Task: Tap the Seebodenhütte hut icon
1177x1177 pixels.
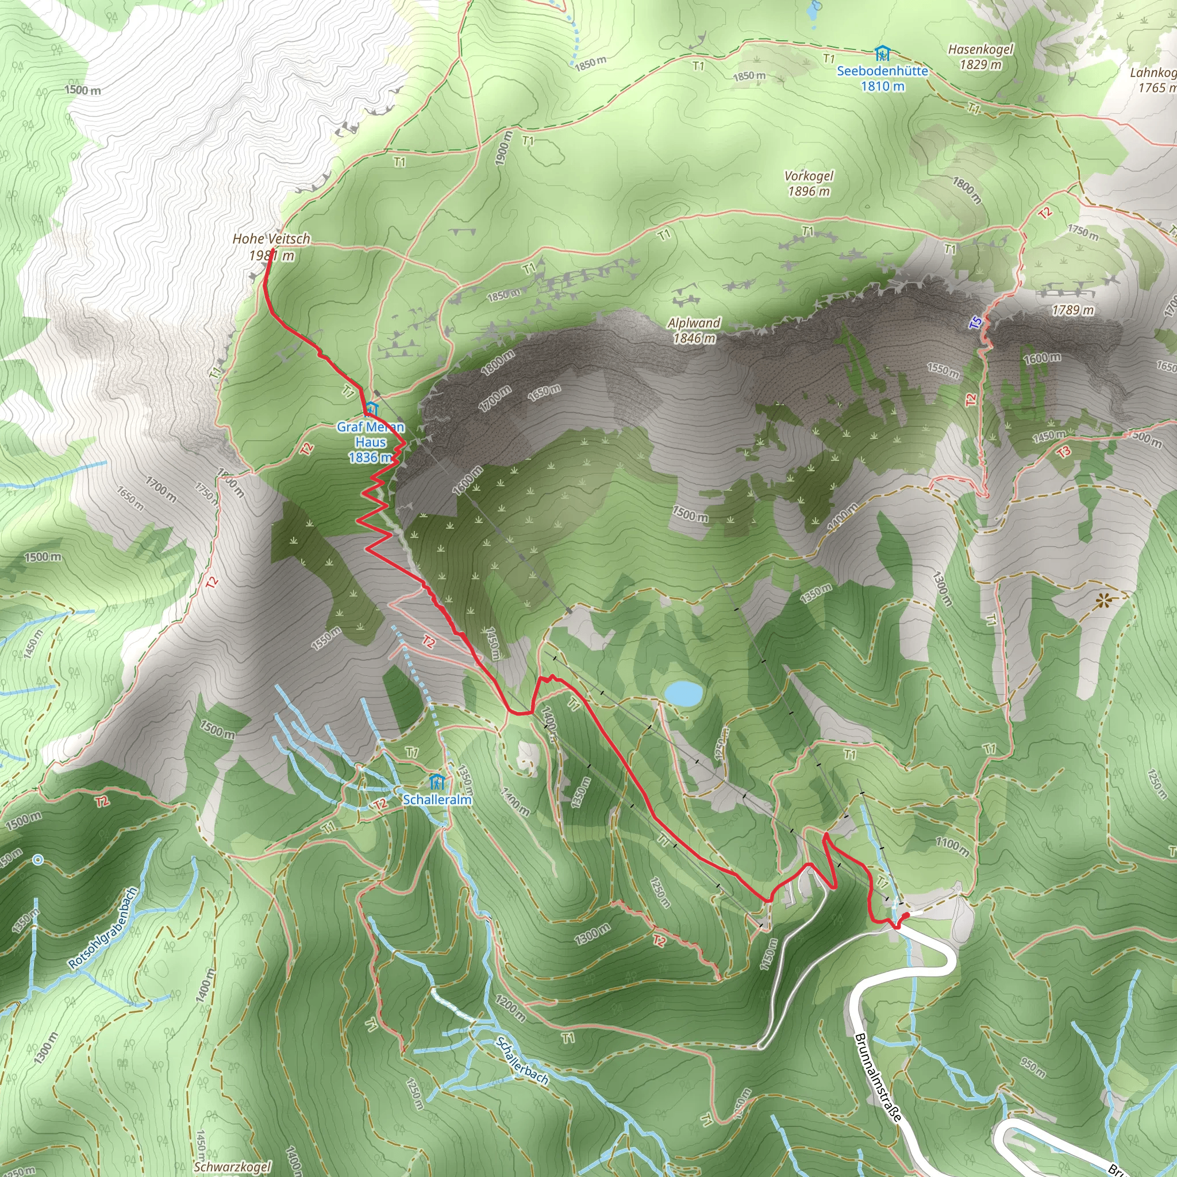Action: pyautogui.click(x=882, y=54)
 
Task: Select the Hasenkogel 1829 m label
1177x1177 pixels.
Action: pyautogui.click(x=980, y=57)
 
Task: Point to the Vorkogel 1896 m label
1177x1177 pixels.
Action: pyautogui.click(x=809, y=183)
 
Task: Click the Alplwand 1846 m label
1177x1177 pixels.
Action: pyautogui.click(x=694, y=330)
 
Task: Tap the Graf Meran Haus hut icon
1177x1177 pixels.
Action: pyautogui.click(x=371, y=408)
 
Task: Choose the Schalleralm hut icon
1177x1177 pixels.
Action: pyautogui.click(x=436, y=782)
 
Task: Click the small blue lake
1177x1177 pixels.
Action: pyautogui.click(x=683, y=693)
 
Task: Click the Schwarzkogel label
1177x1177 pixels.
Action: pyautogui.click(x=232, y=1167)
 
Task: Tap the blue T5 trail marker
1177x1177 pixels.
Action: pyautogui.click(x=975, y=323)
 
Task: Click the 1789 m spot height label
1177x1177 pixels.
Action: pyautogui.click(x=1073, y=311)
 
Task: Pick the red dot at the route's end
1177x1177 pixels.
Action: pyautogui.click(x=905, y=916)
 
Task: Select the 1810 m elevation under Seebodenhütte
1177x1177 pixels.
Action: pyautogui.click(x=882, y=87)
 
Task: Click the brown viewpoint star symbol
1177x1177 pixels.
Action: pyautogui.click(x=1102, y=602)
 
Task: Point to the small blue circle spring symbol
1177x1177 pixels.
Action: pyautogui.click(x=39, y=860)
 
